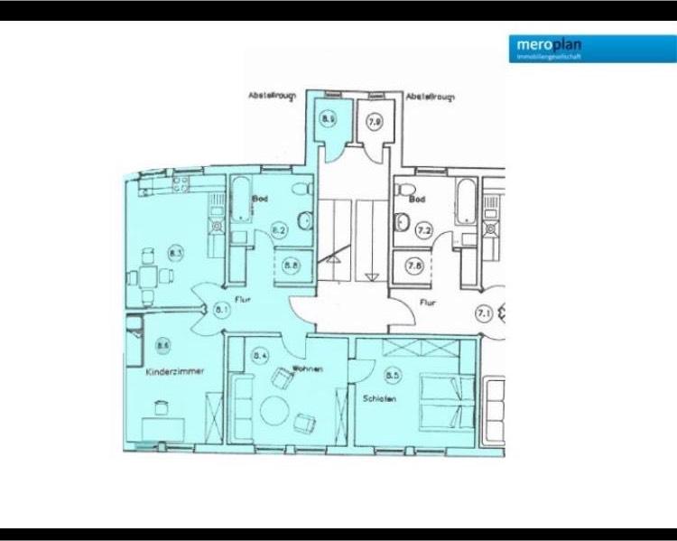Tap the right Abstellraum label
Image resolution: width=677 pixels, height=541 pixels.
431,95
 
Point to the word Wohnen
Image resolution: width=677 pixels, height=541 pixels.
307,370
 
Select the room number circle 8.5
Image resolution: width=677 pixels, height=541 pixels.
392,375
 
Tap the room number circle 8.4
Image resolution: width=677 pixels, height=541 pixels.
262,357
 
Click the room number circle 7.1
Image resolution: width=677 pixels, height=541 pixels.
484,314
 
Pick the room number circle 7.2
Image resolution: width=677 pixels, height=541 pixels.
423,231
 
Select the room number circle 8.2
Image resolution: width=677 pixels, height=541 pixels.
279,231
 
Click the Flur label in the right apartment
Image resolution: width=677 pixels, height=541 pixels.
427,304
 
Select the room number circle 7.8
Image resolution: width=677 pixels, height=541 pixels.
414,266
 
